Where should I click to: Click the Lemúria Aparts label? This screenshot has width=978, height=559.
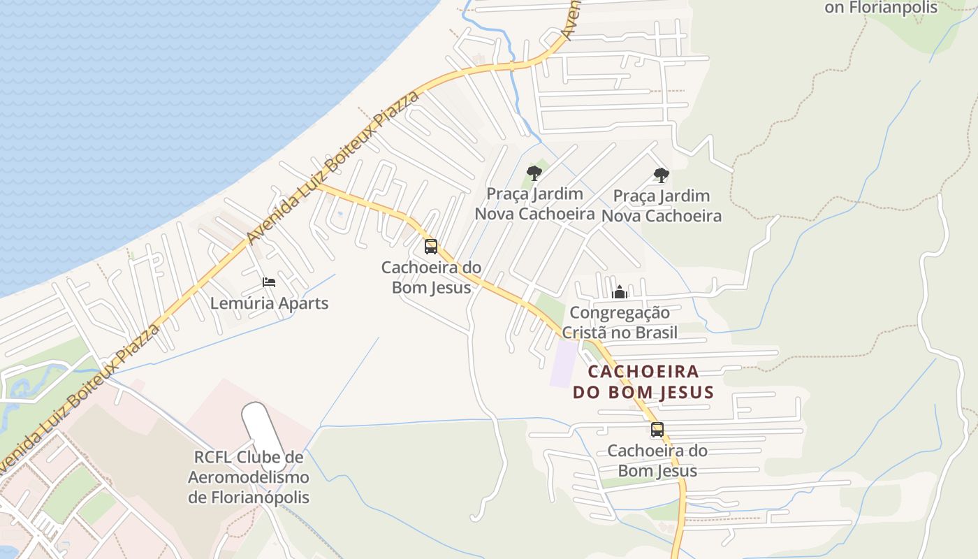point(269,303)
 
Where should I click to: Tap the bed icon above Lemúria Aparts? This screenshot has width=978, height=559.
point(269,282)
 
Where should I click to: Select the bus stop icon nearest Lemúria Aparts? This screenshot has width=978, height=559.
point(431,247)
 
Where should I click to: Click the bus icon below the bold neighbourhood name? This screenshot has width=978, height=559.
point(657,430)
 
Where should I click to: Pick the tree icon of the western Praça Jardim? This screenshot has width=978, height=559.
point(534,173)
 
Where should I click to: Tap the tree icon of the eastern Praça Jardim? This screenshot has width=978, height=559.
point(662,175)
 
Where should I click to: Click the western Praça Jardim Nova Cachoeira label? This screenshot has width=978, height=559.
point(535,203)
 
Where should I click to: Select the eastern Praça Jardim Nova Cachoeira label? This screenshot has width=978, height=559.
point(662,205)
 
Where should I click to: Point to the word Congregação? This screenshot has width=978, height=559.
point(620,312)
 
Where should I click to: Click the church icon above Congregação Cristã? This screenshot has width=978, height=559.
point(620,292)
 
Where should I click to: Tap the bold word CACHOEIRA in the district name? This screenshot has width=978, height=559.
point(643,371)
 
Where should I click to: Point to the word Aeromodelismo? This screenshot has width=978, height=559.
point(249,478)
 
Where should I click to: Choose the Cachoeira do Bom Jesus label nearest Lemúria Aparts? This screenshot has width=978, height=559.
point(431,277)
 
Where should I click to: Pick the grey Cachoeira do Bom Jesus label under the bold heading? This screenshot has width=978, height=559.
point(657,460)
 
